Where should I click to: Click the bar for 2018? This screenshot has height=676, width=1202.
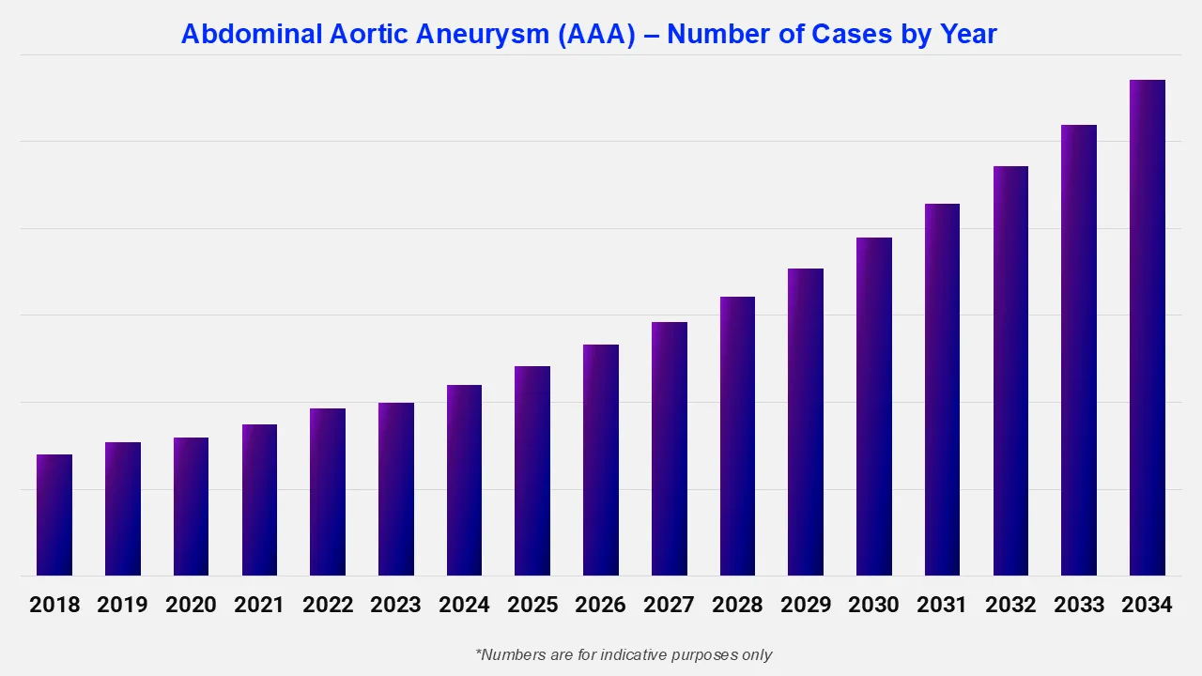tap(54, 515)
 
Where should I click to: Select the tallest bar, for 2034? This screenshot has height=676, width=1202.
tap(1147, 329)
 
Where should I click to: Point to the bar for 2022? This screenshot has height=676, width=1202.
tap(328, 492)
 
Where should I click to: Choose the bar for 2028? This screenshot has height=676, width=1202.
tap(737, 437)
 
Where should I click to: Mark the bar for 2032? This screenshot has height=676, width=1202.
tap(1010, 371)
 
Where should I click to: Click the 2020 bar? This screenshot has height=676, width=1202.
tap(191, 507)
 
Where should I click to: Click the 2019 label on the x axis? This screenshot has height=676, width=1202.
tap(123, 605)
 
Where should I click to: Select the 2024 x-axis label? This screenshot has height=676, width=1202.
tap(464, 605)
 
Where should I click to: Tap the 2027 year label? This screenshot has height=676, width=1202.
tap(670, 605)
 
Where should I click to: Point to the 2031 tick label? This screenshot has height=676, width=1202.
tap(942, 605)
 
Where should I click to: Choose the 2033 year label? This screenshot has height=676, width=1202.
tap(1079, 605)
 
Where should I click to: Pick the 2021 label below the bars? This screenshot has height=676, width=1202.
tap(259, 605)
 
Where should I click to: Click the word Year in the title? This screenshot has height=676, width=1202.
tap(968, 35)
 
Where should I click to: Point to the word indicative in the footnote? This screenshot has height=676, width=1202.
tap(615, 654)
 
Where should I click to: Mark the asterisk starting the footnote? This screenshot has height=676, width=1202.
tap(479, 652)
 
